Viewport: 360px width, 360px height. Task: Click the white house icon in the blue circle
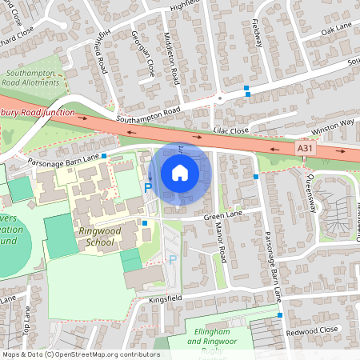[x=180, y=173]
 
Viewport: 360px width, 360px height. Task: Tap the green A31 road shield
[x=304, y=148]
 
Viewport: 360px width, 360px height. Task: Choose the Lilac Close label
[x=230, y=129]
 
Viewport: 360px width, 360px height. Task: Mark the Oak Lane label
[x=336, y=29]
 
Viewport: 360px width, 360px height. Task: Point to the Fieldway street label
[x=257, y=33]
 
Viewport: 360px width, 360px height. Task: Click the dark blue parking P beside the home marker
[x=147, y=187]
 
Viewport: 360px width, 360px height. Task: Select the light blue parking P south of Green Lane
[x=172, y=258]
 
